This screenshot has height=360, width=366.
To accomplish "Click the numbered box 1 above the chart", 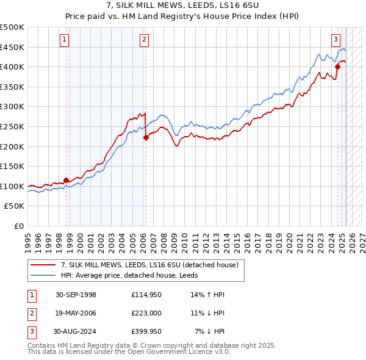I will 65,40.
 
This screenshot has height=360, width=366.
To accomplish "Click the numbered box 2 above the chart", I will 144,40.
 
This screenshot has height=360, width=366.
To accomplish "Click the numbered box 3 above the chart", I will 335,40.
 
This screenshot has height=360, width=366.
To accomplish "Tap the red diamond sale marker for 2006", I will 146,137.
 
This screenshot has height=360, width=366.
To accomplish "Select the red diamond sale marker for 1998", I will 66,180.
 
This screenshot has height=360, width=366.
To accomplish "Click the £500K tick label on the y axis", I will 12,27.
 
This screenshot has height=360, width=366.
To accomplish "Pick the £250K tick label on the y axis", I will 12,126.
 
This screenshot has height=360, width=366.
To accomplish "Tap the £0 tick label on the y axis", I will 19,226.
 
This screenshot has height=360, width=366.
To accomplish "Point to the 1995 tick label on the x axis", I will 27,238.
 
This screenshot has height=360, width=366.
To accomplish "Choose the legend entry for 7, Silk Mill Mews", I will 152,264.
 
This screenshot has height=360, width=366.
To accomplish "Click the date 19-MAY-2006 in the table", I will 76,313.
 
